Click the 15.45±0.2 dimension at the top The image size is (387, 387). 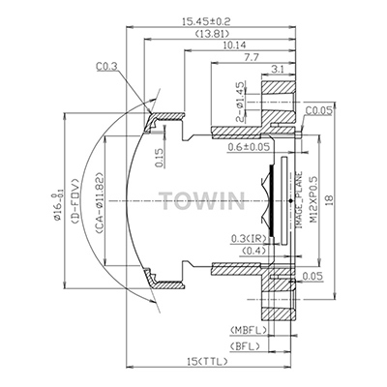(x=206, y=21)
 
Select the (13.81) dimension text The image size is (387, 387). (x=212, y=33)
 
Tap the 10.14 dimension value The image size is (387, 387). (x=234, y=45)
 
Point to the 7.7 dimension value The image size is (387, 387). (x=252, y=57)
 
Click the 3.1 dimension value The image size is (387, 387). (x=278, y=70)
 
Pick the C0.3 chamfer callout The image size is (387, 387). (x=106, y=67)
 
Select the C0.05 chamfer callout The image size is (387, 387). (x=318, y=111)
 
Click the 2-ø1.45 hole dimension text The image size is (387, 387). (x=240, y=102)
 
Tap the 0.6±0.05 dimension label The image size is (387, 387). (x=249, y=147)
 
